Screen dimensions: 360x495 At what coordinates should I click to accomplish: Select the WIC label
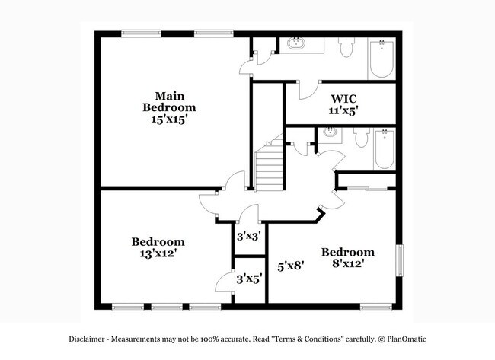click(343, 99)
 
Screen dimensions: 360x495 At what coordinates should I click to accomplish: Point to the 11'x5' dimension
click(343, 111)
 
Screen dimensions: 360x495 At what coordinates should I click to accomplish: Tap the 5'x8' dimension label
click(290, 266)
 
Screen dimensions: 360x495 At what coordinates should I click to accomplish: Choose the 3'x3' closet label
click(248, 237)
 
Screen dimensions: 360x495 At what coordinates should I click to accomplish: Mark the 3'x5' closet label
click(248, 279)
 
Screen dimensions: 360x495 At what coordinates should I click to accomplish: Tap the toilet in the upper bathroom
click(346, 48)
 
